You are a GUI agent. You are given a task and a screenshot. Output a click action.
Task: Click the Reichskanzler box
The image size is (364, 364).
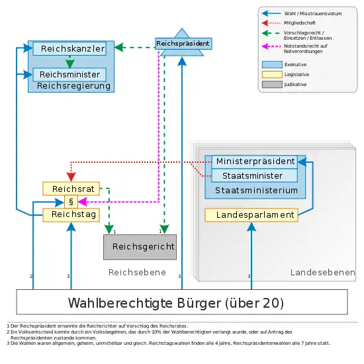69,48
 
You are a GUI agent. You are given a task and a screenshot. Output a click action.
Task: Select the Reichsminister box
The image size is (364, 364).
69,75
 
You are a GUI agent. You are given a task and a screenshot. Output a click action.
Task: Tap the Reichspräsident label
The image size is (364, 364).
183,44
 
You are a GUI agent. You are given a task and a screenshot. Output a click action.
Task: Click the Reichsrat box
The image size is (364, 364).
71,189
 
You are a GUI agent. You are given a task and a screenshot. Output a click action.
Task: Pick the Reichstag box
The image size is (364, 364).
71,214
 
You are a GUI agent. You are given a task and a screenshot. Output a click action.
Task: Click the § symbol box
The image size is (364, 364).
71,202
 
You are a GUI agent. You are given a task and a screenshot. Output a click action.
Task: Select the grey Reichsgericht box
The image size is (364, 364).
140,247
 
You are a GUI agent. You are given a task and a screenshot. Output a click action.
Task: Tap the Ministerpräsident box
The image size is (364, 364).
255,161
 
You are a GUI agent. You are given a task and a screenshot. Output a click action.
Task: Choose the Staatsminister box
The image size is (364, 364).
255,175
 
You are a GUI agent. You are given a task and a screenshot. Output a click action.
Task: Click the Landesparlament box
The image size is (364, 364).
251,214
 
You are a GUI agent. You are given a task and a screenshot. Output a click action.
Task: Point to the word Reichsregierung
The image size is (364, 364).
74,86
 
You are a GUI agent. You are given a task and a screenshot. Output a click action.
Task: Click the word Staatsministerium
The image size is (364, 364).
256,191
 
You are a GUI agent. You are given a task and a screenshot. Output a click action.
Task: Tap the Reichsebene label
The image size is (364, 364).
137,272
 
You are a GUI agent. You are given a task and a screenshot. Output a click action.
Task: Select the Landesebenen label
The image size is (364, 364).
323,272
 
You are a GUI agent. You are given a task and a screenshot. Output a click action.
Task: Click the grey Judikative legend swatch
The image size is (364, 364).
272,84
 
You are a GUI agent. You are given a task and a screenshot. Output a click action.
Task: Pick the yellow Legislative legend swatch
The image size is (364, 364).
272,74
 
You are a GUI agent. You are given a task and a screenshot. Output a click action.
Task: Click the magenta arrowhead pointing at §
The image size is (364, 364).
83,202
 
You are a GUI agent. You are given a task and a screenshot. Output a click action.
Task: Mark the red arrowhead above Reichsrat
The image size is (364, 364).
71,177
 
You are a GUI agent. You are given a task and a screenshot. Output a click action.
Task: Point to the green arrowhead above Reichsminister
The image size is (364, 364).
70,64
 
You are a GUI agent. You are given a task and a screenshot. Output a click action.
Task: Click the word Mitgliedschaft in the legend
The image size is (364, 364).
299,23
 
